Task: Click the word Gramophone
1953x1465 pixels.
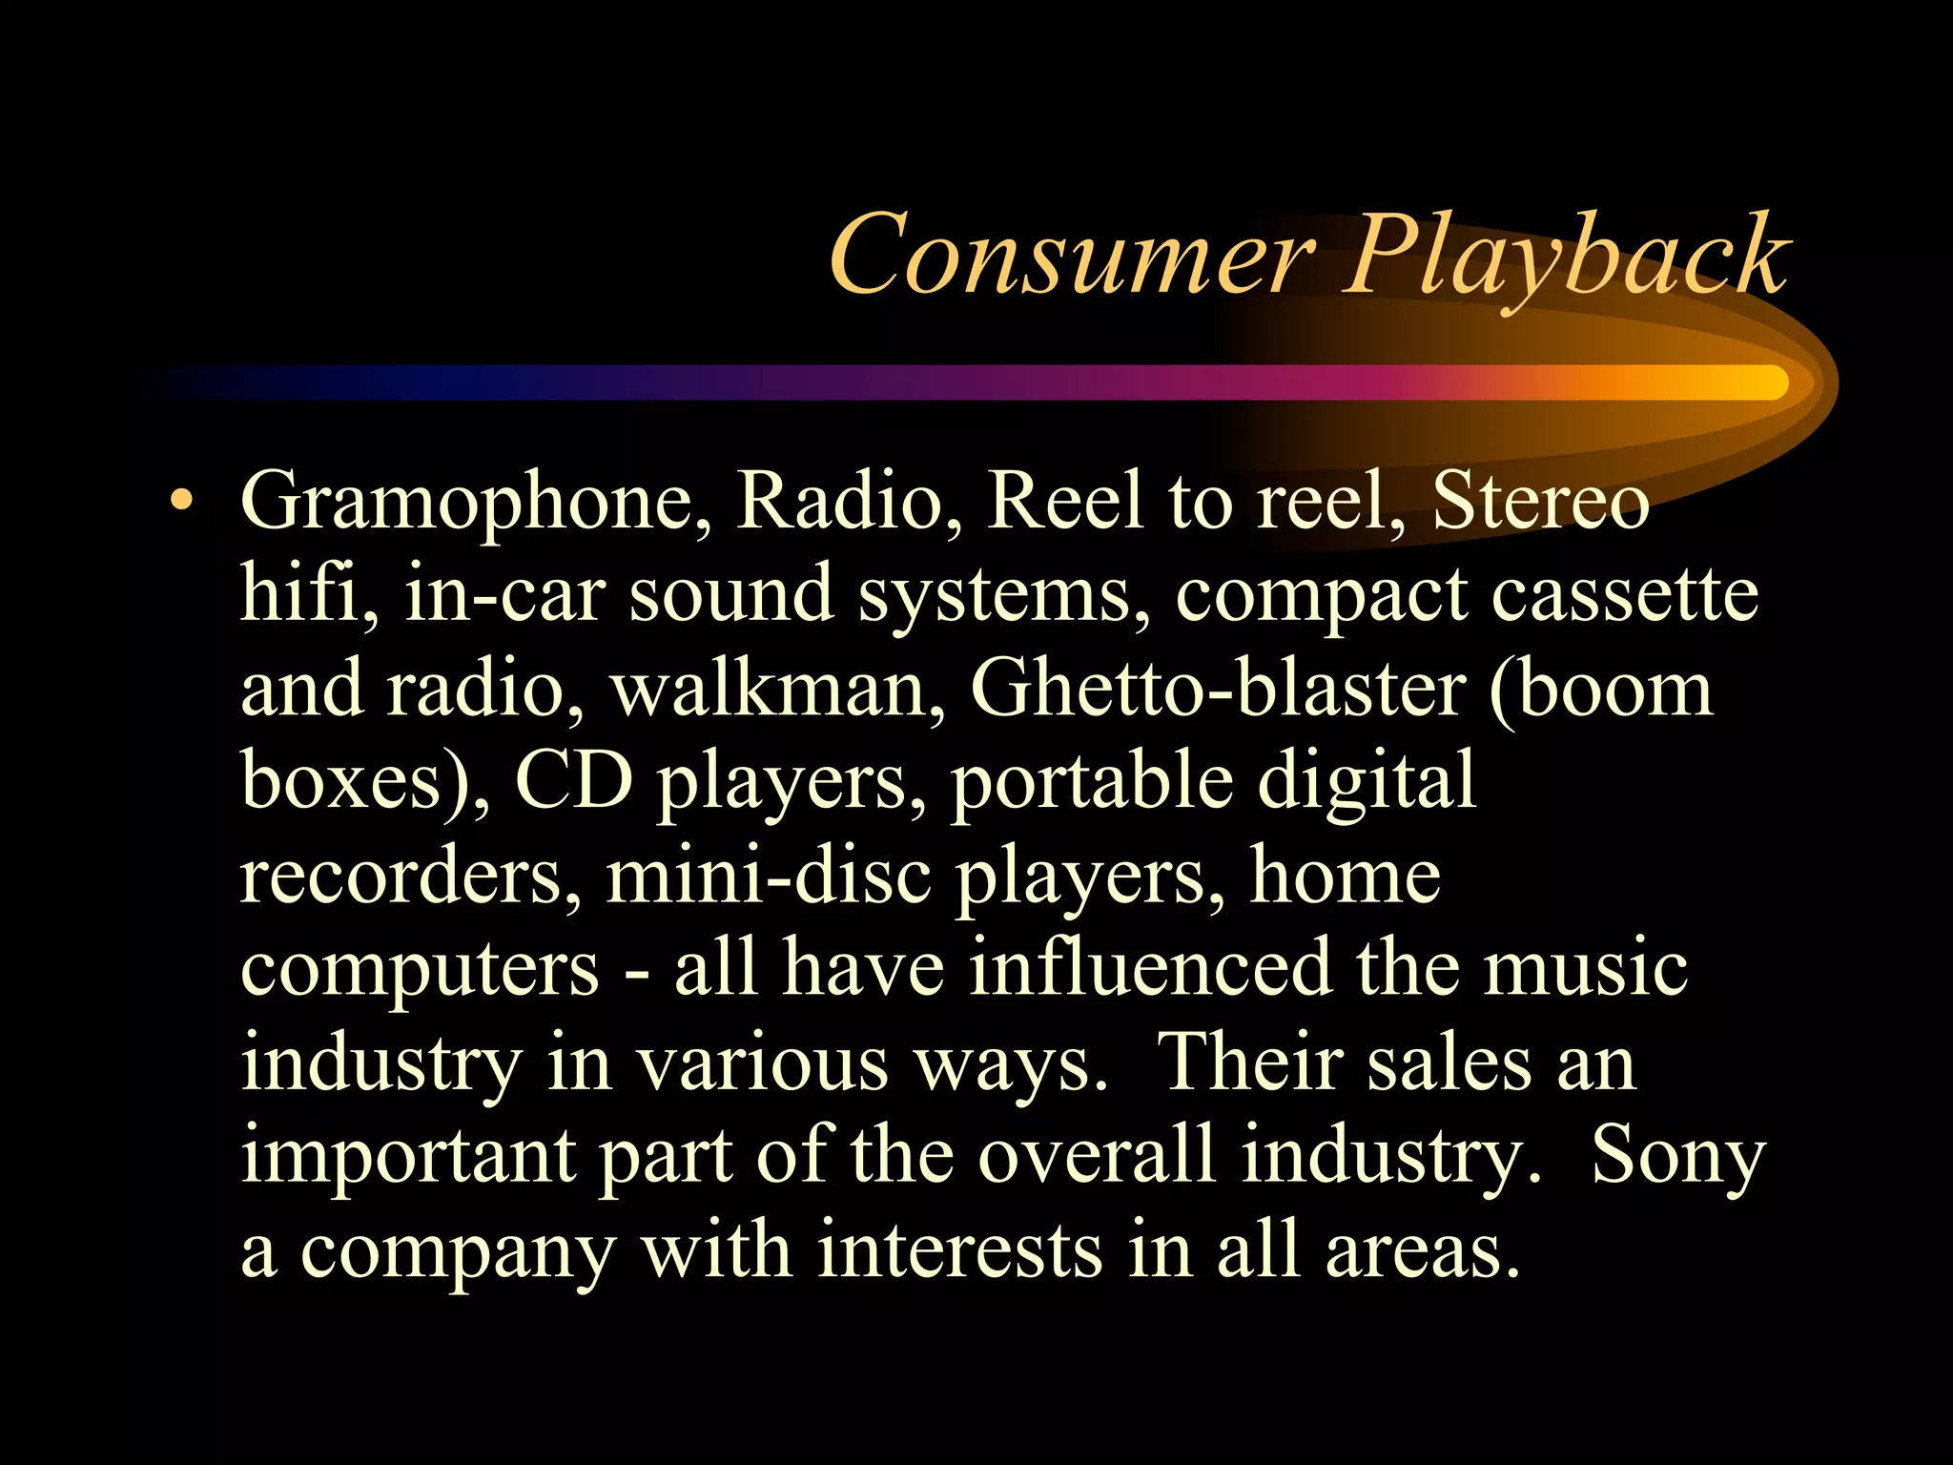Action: point(477,504)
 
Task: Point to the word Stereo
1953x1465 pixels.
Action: point(1540,502)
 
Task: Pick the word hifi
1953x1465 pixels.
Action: point(308,594)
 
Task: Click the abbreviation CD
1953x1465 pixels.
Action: point(574,780)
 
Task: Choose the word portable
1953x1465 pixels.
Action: point(1092,780)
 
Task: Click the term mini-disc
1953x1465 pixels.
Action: point(768,875)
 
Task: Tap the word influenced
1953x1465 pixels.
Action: point(1149,966)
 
